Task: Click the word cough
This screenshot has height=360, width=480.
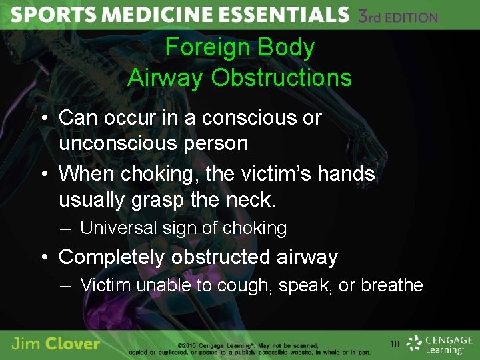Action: pos(249,285)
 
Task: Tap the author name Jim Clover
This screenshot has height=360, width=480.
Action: pos(56,344)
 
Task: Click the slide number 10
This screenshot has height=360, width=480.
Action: pos(395,345)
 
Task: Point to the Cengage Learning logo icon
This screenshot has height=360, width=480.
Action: pos(415,342)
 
